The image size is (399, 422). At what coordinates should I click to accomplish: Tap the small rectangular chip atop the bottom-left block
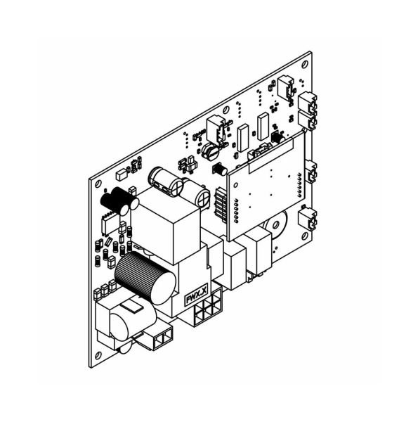coord(132,307)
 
